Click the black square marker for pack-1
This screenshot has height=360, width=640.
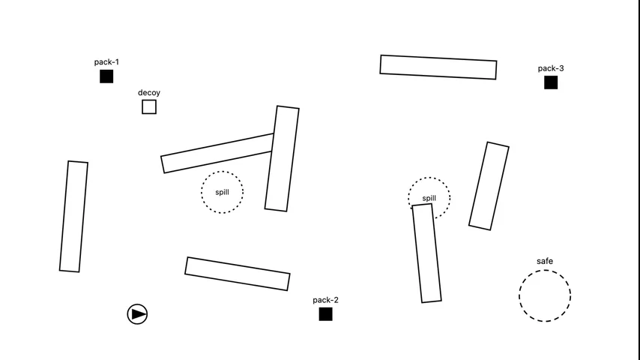point(106,76)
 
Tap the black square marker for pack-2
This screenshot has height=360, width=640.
point(326,314)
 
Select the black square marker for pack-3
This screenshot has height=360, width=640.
point(551,82)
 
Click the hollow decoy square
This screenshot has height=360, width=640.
point(149,107)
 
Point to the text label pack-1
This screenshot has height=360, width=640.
point(106,62)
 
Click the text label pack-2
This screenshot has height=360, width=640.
point(326,300)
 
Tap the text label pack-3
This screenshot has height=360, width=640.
point(551,68)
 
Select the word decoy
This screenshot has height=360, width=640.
point(149,93)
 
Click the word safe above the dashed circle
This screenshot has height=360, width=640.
point(545,261)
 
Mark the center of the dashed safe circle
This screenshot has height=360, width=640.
point(545,295)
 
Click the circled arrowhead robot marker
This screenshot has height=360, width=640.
point(137,314)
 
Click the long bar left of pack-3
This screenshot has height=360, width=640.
point(438,67)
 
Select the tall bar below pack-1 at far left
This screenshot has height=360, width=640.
point(73,216)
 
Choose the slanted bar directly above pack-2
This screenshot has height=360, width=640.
point(238,274)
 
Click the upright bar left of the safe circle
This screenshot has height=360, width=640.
point(427,253)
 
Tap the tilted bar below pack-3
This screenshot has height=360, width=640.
point(489,186)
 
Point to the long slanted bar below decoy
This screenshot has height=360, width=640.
point(217,153)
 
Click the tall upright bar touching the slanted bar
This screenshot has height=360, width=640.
point(282,158)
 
